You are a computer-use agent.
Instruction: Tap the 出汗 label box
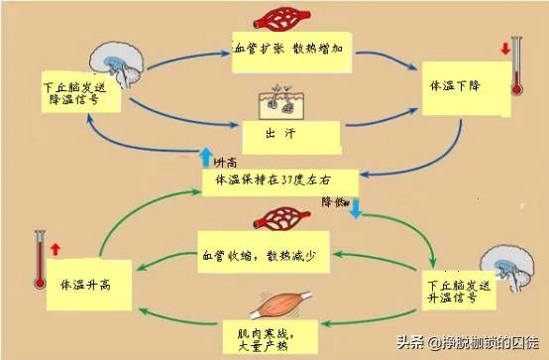point(291,133)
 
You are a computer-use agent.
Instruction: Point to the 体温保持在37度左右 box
point(277,180)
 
